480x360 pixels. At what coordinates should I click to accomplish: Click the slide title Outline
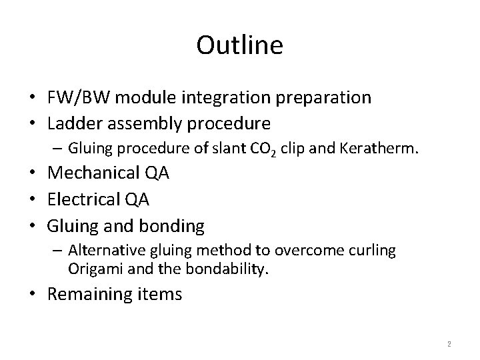click(x=240, y=45)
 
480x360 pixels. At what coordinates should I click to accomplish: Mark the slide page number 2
click(x=449, y=344)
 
